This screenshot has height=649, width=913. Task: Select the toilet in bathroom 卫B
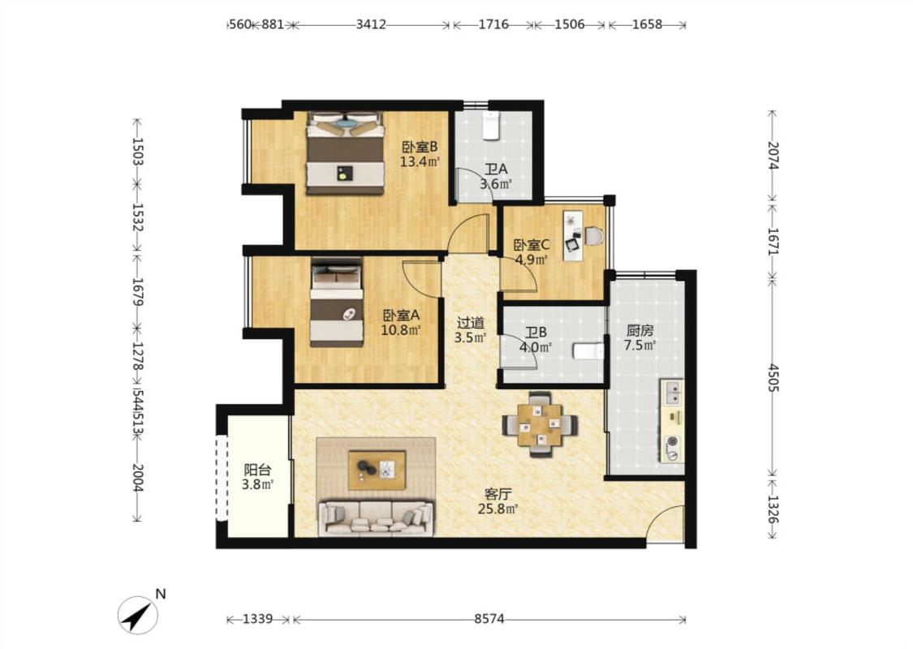(x=588, y=351)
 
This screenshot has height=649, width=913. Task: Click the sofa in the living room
(x=376, y=518)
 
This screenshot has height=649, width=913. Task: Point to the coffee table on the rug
(x=377, y=470)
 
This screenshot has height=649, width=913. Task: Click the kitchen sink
(x=674, y=392)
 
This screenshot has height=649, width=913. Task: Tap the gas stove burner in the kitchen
(x=673, y=442)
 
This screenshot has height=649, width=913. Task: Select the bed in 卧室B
(x=345, y=153)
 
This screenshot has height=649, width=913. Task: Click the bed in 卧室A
(x=337, y=302)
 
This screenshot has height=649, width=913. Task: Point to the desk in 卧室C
(x=573, y=235)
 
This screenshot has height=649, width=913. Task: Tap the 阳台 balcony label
(x=257, y=469)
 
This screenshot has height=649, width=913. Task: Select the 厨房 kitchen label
(x=640, y=331)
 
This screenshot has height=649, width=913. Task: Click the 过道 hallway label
(x=471, y=322)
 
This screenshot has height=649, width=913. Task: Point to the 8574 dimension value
(x=489, y=619)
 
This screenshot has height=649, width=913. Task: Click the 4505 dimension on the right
(x=773, y=378)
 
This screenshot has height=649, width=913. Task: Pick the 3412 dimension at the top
(x=371, y=24)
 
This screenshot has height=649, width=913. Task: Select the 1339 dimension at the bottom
(x=258, y=619)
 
